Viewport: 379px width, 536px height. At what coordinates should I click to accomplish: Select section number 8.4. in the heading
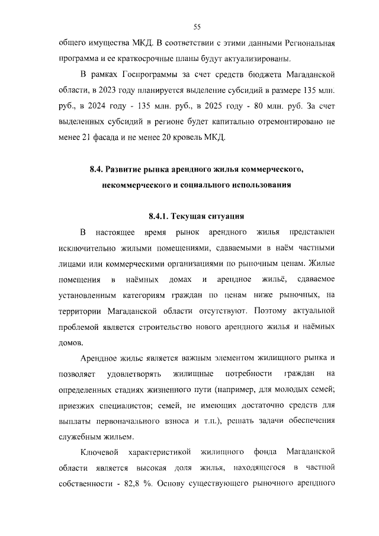click(x=99, y=170)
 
